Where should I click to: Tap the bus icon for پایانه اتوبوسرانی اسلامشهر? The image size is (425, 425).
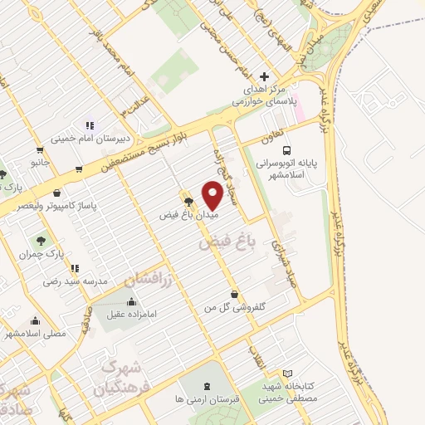[x=286, y=151]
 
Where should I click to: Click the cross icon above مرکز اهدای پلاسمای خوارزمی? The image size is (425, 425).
[x=265, y=76]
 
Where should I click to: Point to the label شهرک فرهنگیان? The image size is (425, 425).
[x=124, y=377]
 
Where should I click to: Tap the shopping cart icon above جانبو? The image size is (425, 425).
[x=40, y=150]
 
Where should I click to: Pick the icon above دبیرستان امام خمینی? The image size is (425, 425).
[x=89, y=125]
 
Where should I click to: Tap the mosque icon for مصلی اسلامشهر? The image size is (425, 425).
[x=35, y=321]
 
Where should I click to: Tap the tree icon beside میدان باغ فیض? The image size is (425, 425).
[x=188, y=200]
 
